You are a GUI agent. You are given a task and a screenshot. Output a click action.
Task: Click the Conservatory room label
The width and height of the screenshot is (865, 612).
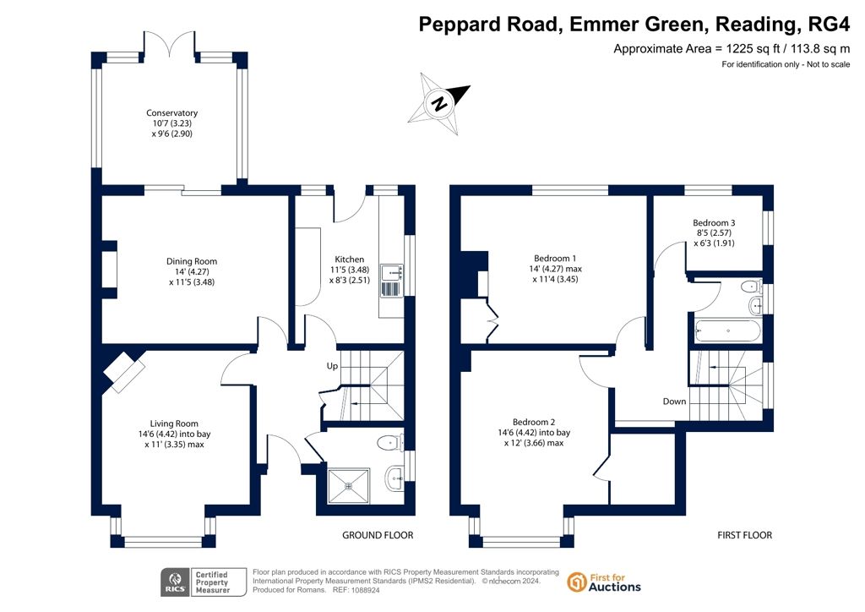pos(171,112)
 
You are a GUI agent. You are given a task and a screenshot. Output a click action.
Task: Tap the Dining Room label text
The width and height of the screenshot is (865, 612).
pos(192,261)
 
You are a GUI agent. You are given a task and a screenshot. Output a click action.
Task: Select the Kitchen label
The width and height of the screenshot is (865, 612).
pos(349,259)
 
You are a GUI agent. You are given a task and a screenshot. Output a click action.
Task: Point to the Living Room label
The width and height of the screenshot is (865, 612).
pos(174,423)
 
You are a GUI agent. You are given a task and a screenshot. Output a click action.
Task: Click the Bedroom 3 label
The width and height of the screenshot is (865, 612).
pos(714,222)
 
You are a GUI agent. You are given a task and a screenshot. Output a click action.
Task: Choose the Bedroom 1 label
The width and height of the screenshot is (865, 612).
pos(555,258)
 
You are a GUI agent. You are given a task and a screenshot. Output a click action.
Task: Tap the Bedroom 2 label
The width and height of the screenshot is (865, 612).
pos(534,422)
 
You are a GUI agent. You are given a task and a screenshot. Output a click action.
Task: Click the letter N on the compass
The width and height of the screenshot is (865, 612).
pos(439,103)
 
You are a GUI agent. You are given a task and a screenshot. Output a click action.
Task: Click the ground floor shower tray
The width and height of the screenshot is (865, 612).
pos(349,486)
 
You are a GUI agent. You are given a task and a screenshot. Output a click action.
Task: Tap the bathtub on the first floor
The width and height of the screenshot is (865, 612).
pos(727,331)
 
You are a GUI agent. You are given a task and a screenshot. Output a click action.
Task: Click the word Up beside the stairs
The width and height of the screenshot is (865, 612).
pos(332,366)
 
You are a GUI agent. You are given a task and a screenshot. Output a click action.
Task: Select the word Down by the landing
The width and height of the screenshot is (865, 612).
pos(674,402)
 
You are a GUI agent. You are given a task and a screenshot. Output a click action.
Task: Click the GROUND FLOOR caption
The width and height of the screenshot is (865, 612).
pos(378,535)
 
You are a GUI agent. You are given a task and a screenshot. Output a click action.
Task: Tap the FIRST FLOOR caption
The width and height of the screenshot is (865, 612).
pos(745,535)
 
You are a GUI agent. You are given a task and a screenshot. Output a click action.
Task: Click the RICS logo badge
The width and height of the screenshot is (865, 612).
pos(204,582)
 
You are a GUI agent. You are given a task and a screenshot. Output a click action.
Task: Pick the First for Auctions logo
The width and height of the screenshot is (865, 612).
pos(604,582)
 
